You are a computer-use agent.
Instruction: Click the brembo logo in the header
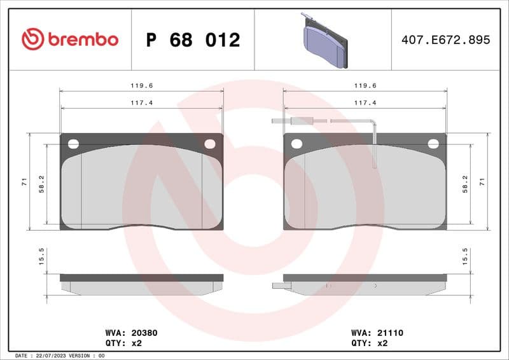(70, 39)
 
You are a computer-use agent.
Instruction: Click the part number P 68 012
(193, 40)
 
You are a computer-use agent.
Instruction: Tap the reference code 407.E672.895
(445, 40)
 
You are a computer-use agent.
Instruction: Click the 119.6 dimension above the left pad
(141, 85)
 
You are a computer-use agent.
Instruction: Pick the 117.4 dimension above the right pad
(365, 102)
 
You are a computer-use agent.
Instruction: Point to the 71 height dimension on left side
(24, 182)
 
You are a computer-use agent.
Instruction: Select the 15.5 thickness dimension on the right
(465, 256)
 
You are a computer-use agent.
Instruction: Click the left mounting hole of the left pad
(73, 144)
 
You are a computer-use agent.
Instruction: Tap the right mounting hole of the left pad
(209, 144)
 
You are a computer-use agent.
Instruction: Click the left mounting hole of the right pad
(296, 144)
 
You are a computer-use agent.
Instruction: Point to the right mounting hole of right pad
(433, 144)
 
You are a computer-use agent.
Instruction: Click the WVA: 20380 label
(131, 333)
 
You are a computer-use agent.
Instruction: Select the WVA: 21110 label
(377, 333)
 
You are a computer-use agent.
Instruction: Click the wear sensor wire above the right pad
(324, 120)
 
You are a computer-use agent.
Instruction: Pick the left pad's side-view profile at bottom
(141, 284)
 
